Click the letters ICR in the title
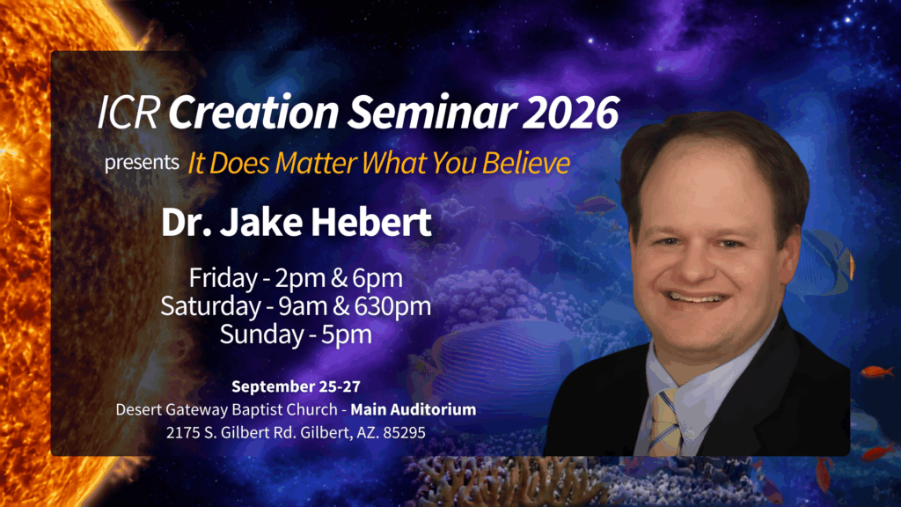click(x=128, y=112)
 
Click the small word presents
click(x=142, y=163)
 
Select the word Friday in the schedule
click(x=223, y=279)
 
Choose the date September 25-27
click(x=296, y=386)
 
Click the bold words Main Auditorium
click(x=414, y=409)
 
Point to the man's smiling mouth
click(x=694, y=298)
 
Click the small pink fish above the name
click(x=594, y=204)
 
